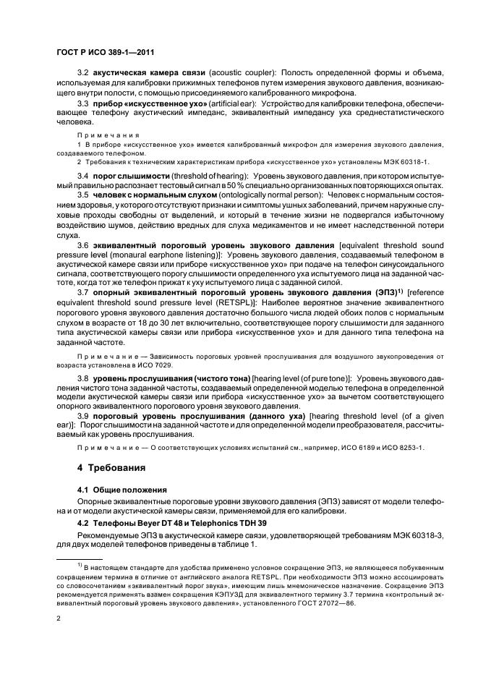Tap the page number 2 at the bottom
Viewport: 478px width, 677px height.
tap(59, 618)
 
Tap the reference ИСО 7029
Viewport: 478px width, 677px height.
tap(150, 366)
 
